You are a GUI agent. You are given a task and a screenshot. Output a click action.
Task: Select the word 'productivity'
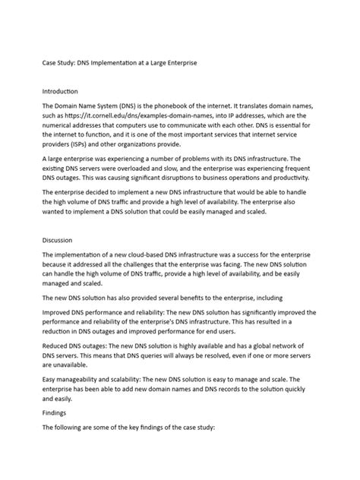tap(303, 185)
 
